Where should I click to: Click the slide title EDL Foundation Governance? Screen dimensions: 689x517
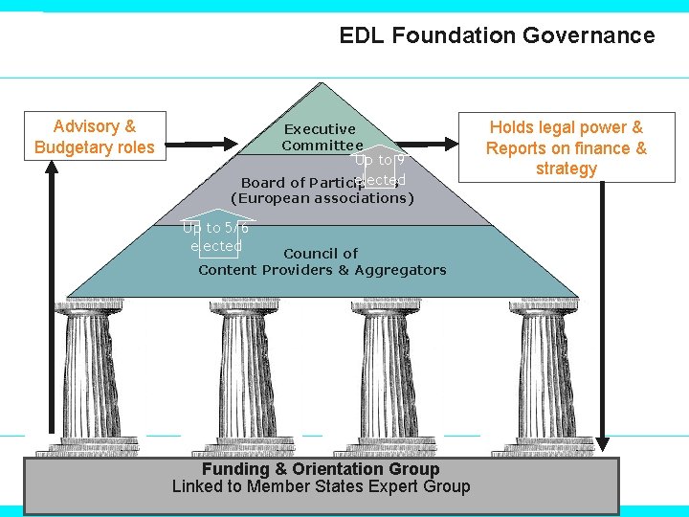click(x=497, y=36)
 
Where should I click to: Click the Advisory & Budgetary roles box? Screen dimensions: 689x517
click(x=95, y=136)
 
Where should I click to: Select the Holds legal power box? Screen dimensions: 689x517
click(x=566, y=147)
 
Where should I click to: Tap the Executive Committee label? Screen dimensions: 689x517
click(x=321, y=137)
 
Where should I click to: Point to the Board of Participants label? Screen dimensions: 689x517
click(x=297, y=183)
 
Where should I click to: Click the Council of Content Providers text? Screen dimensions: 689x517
click(x=322, y=261)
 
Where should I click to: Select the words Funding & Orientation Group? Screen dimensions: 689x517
click(x=321, y=469)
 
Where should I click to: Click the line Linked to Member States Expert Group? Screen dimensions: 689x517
click(x=321, y=486)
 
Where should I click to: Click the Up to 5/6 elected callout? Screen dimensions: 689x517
click(x=216, y=236)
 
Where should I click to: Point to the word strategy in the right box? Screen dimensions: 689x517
click(x=566, y=169)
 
